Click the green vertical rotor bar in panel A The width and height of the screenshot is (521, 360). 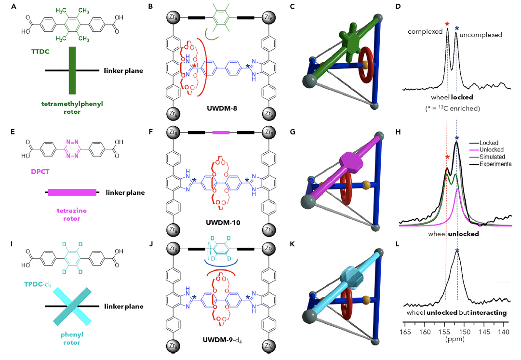[x=72, y=70]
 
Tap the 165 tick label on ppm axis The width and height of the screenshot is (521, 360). [x=405, y=332]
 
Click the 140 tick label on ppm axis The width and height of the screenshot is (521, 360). [x=504, y=332]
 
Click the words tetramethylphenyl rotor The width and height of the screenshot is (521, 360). [x=72, y=107]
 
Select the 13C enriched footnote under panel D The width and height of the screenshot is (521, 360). [x=454, y=108]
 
